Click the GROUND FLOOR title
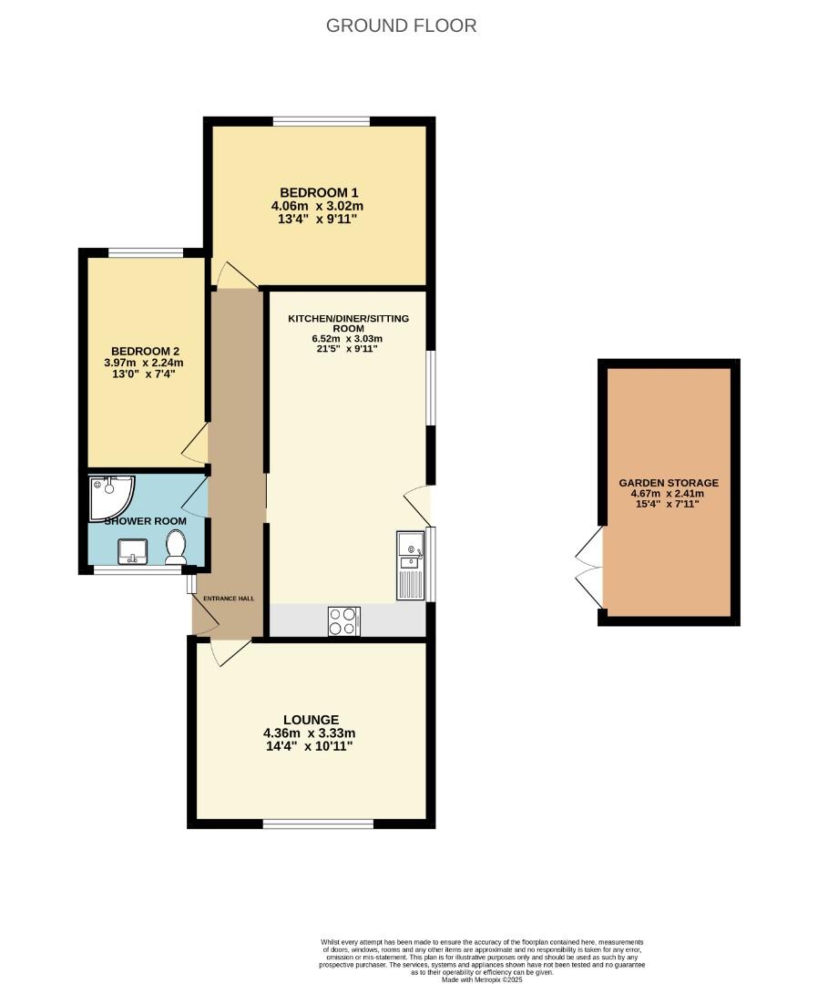(401, 26)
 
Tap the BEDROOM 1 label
(319, 192)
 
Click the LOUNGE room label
(309, 719)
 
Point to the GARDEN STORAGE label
(669, 483)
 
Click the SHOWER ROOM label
(146, 521)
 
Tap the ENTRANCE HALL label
(228, 599)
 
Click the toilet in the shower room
(176, 547)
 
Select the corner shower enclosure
(109, 496)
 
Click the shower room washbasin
(132, 550)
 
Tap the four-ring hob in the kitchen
(343, 620)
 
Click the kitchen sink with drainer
(411, 566)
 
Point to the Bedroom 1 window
(321, 120)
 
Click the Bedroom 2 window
(145, 252)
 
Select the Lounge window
(318, 825)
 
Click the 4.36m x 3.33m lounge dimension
(309, 733)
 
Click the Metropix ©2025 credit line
(484, 979)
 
